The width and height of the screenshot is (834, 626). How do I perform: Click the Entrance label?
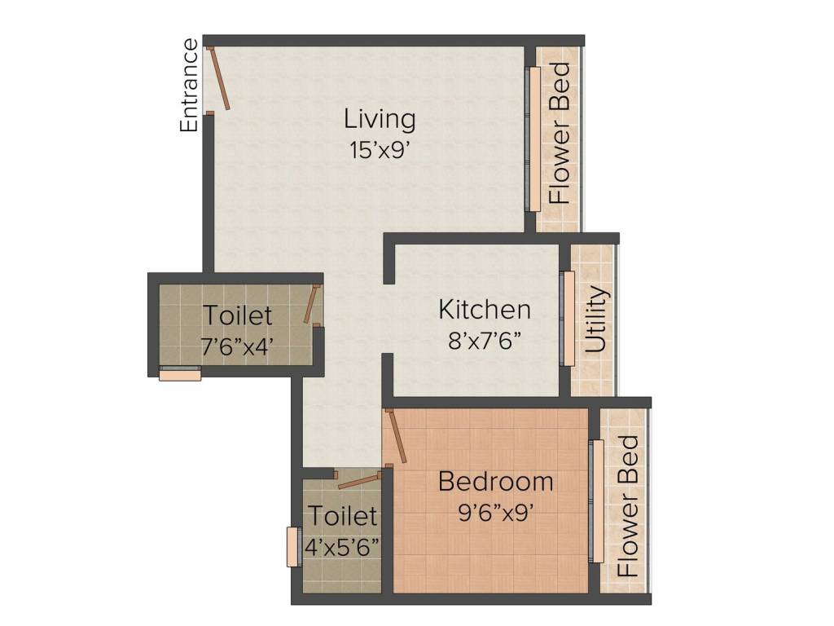pos(189,85)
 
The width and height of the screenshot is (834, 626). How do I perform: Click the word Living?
pos(380,119)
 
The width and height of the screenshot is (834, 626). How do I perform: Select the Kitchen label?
pos(485,309)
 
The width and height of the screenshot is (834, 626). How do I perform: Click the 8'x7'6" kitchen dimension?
pos(484,340)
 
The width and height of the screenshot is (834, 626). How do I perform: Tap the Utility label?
pos(595,319)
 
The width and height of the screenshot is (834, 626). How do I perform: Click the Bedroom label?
pos(496,481)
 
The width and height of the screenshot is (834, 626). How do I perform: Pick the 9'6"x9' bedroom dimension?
pos(496,513)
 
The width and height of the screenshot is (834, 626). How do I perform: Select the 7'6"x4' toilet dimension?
pos(237,346)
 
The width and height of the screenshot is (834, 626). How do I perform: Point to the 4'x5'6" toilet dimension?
pos(343,546)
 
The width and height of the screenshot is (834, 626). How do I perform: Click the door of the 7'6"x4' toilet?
pos(311,305)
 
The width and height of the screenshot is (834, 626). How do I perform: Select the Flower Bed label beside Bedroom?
pos(628,506)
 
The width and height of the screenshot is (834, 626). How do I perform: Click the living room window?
pos(533,139)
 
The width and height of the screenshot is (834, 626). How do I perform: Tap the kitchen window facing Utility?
pos(568,319)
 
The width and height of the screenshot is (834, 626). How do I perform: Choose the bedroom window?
pos(596,501)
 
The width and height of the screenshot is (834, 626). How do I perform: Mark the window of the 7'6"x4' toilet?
pos(180,373)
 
